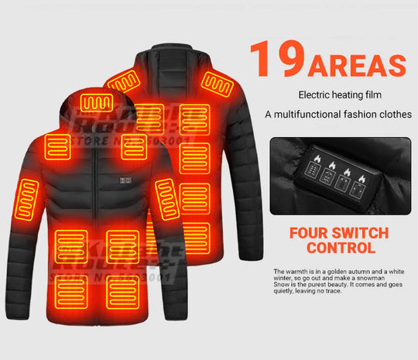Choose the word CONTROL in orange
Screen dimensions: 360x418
click(x=341, y=249)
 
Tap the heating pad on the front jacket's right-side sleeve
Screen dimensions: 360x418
click(x=167, y=200)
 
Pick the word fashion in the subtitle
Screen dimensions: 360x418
click(x=363, y=115)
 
